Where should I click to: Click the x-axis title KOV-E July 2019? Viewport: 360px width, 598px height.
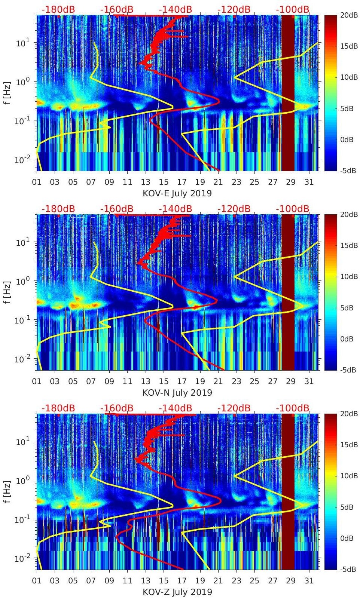point(177,193)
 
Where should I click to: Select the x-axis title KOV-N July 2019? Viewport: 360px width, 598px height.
point(177,393)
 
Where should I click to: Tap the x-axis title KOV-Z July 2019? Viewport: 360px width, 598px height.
point(177,592)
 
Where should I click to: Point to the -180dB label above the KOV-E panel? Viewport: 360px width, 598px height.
point(58,9)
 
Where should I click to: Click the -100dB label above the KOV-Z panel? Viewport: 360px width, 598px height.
point(293,408)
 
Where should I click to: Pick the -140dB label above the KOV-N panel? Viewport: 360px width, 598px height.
point(176,209)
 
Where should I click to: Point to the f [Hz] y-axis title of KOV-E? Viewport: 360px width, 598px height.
point(8,93)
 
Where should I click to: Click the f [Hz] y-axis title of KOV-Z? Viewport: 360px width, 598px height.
point(8,491)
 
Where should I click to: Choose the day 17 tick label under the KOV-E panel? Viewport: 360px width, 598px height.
point(182,182)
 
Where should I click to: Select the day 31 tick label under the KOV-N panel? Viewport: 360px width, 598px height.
point(309,381)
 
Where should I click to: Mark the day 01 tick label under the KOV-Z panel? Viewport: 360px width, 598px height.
point(37,581)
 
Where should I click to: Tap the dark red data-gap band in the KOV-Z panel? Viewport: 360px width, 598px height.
point(287,491)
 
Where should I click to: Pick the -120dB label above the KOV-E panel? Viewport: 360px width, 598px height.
point(234,9)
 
